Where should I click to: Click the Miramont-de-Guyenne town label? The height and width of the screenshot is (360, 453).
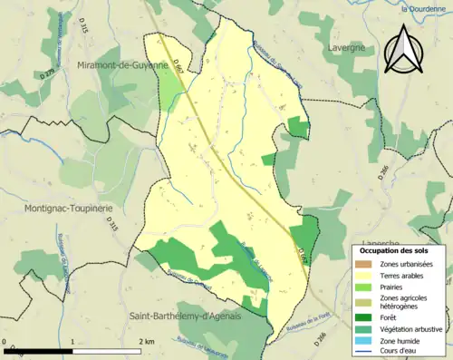123,65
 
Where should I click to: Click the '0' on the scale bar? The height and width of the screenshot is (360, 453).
6,341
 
